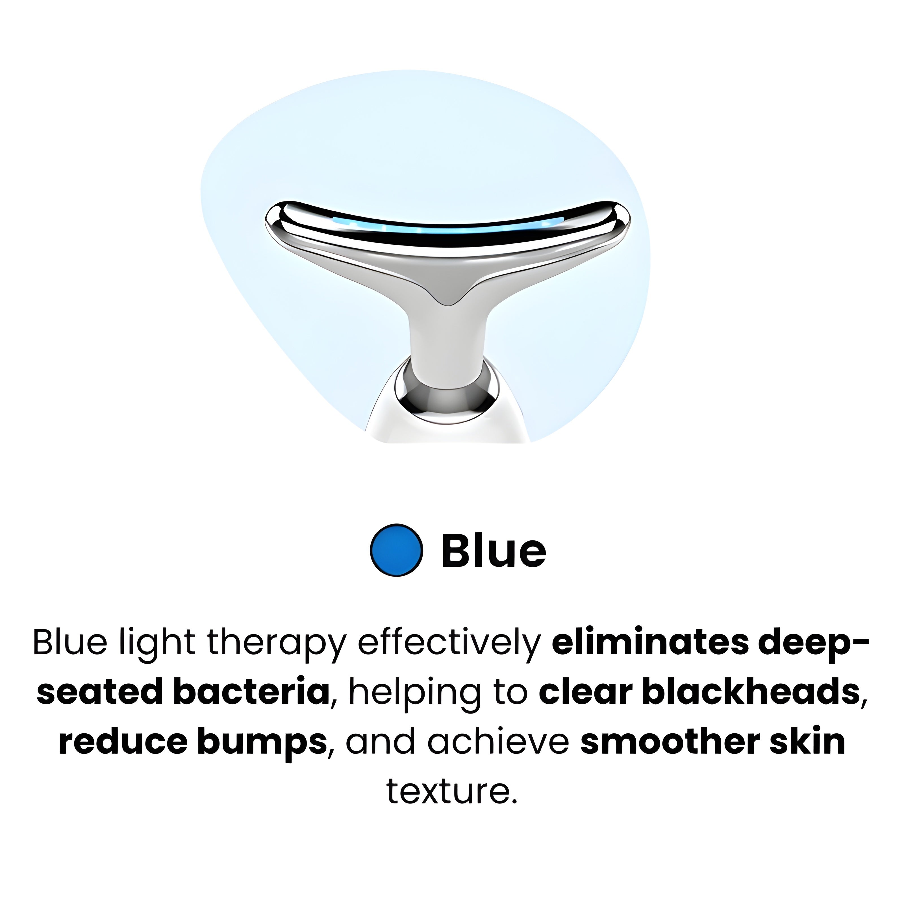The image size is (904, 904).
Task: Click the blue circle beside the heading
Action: point(397,549)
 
